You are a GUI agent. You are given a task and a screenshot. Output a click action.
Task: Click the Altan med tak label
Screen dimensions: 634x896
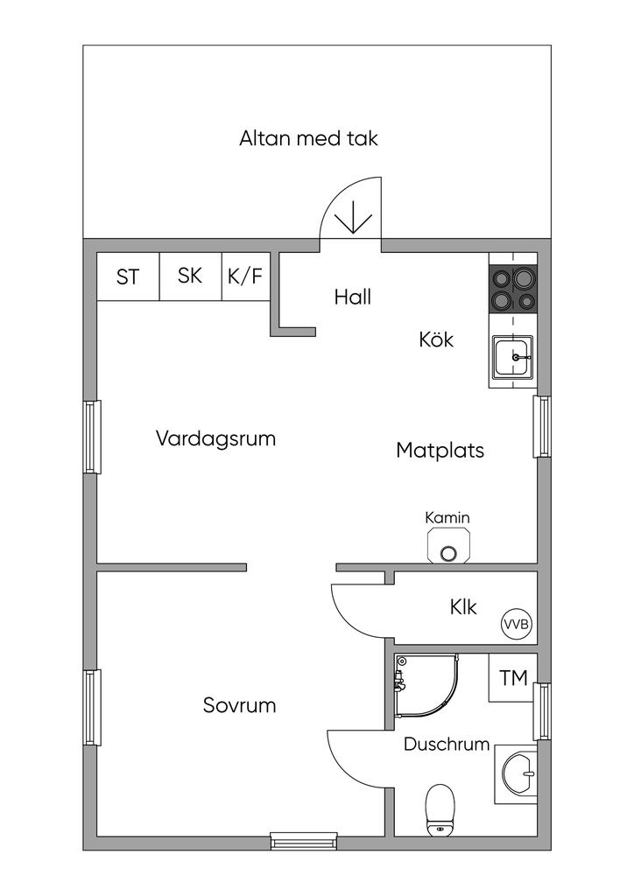(x=309, y=139)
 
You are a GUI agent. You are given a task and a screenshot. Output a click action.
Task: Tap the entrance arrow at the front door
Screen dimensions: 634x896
(x=353, y=217)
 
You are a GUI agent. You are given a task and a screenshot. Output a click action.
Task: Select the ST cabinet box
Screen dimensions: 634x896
(x=128, y=276)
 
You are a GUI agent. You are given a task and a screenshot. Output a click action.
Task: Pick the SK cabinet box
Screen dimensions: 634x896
(x=190, y=276)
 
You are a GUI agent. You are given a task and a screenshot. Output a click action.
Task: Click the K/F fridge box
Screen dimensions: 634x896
(x=245, y=276)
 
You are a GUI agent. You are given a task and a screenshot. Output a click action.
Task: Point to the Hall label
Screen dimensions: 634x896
(x=353, y=297)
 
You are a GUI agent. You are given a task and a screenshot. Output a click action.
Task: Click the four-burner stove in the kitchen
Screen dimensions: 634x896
(x=513, y=290)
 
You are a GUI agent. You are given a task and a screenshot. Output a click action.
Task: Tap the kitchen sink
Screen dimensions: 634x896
(x=513, y=357)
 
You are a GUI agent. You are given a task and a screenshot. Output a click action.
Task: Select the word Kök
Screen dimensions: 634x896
(x=436, y=339)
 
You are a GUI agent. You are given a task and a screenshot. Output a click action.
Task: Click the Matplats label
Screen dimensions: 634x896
(x=440, y=451)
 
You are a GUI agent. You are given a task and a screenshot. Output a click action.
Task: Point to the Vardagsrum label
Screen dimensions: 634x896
(x=215, y=439)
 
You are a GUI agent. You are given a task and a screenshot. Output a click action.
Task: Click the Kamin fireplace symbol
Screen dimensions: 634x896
(x=448, y=546)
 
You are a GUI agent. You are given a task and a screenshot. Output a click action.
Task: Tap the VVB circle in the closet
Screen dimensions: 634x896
(x=517, y=624)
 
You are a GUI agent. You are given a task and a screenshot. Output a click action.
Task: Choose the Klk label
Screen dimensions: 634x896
(x=463, y=607)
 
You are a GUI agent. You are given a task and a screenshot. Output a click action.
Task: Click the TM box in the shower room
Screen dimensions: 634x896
(x=513, y=678)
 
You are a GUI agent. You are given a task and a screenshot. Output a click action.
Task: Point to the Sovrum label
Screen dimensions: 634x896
(x=240, y=705)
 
